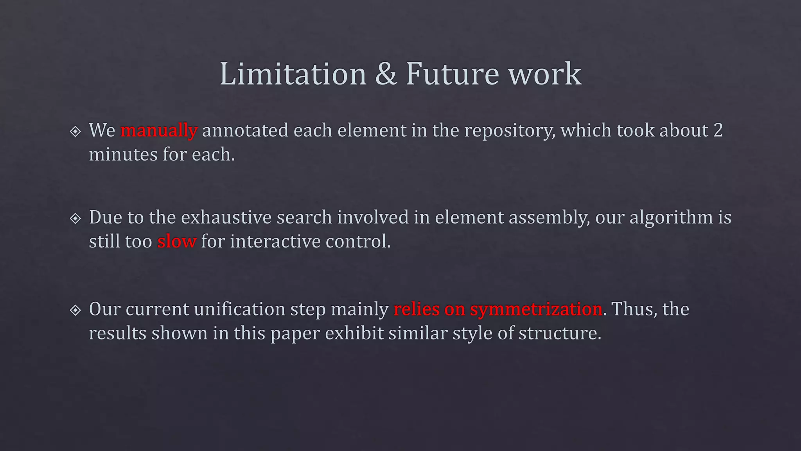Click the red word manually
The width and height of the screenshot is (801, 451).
(x=159, y=131)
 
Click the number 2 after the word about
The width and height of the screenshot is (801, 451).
(x=718, y=130)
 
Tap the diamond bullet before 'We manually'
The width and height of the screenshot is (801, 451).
(x=75, y=131)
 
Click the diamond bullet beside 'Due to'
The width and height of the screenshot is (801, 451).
(x=75, y=218)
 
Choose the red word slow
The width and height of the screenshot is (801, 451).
(x=176, y=242)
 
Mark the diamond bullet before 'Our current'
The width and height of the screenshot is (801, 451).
(x=75, y=310)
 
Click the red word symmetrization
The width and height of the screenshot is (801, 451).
(x=535, y=309)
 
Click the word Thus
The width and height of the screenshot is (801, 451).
(x=634, y=309)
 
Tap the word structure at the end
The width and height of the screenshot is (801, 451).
(x=560, y=334)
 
